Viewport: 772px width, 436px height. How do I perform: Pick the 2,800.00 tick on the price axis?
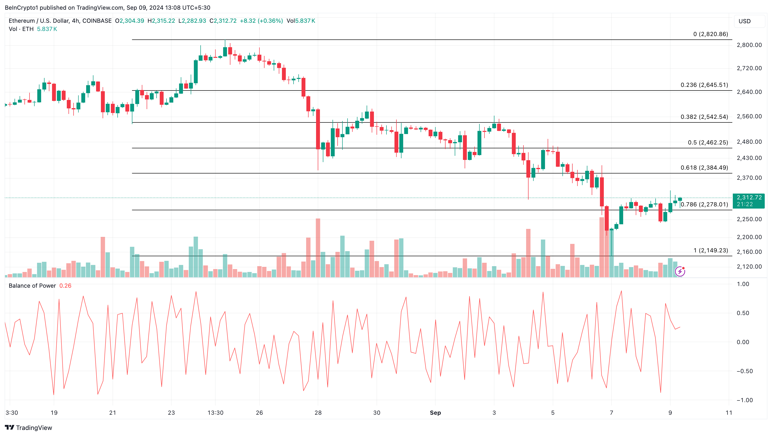click(749, 45)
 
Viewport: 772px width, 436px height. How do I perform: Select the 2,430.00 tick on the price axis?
click(749, 158)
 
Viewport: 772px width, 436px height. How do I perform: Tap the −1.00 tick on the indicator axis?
click(744, 400)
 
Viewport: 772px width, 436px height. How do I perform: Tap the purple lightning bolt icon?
click(680, 271)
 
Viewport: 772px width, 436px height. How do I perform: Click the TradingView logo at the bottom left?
click(29, 428)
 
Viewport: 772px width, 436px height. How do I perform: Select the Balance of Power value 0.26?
click(65, 286)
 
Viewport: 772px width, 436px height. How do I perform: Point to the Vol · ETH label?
click(21, 29)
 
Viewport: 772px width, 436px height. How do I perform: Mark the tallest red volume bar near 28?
click(318, 248)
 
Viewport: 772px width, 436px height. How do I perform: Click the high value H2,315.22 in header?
click(161, 21)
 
